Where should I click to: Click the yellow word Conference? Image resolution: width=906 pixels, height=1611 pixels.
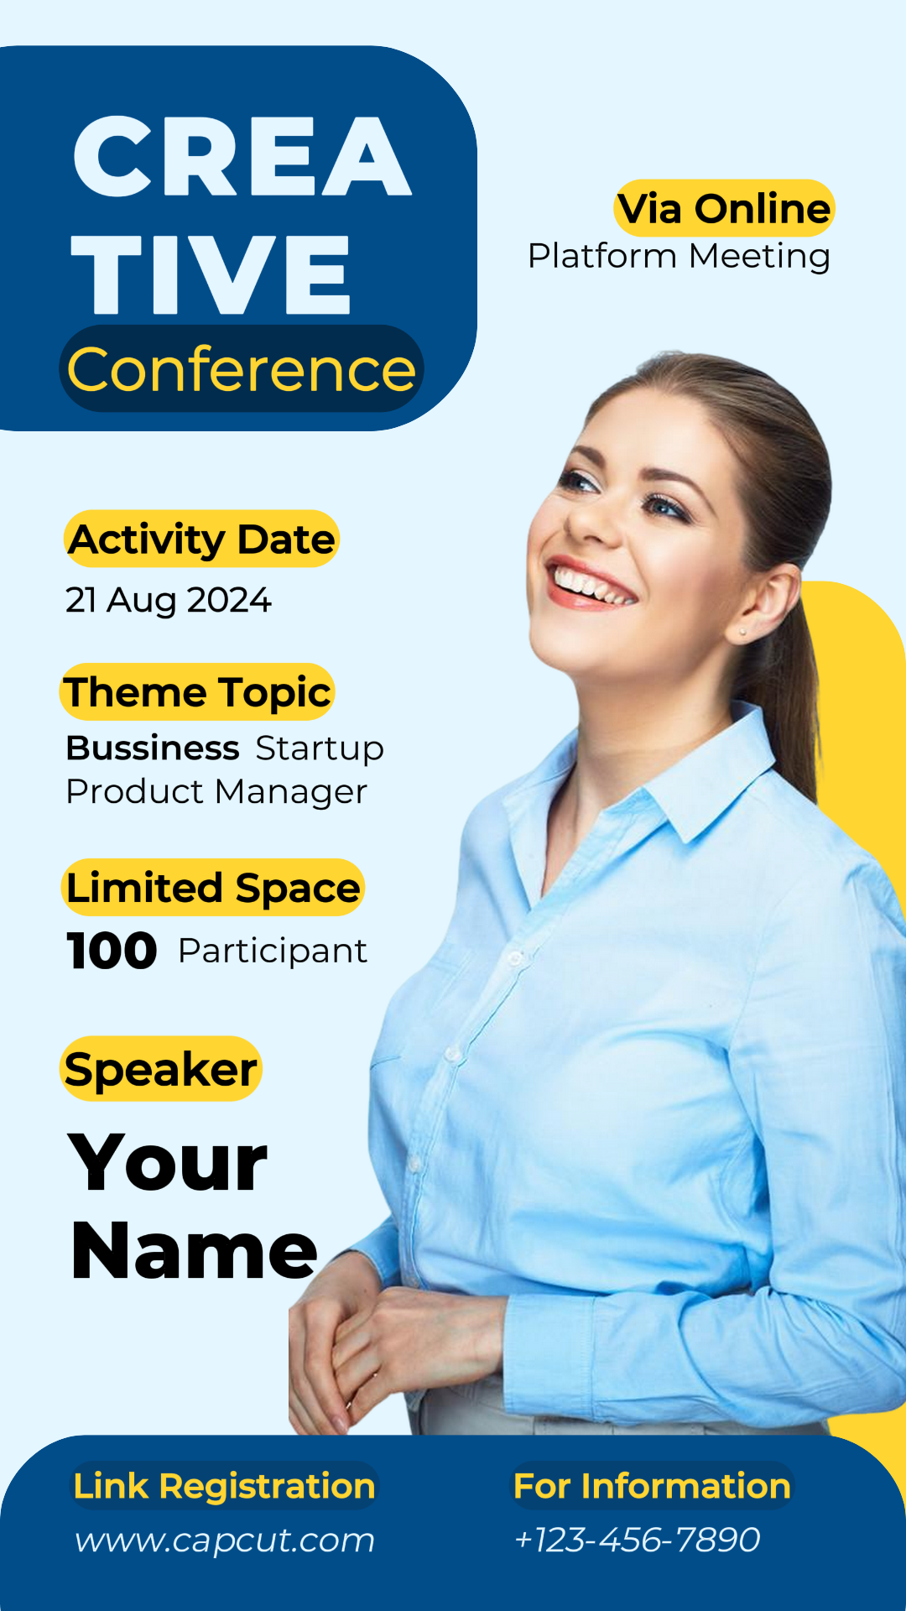coord(242,369)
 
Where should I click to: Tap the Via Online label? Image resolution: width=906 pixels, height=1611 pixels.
coord(725,208)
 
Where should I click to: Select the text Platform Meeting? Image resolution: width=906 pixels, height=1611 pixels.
coord(679,257)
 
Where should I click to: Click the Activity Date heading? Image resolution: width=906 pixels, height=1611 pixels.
coord(202,540)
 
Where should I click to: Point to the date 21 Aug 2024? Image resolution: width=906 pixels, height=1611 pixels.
coord(169,600)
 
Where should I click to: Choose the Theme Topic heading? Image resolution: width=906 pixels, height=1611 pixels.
coord(197,692)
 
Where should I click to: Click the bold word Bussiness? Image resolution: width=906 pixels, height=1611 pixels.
coord(153,748)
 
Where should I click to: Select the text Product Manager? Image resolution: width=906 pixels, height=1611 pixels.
coord(216,791)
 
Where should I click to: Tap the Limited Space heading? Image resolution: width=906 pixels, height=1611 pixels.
coord(213,888)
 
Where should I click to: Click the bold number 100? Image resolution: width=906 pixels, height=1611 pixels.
coord(112,951)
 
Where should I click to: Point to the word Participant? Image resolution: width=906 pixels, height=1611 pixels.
coord(273,951)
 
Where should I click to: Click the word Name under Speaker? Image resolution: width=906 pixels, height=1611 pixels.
coord(195,1251)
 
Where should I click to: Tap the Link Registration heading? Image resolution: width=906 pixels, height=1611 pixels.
coord(224,1486)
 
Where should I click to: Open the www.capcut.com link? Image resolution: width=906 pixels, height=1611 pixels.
coord(224,1540)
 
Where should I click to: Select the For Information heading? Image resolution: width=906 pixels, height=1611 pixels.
coord(652,1486)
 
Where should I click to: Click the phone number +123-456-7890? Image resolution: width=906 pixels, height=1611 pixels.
coord(637,1540)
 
